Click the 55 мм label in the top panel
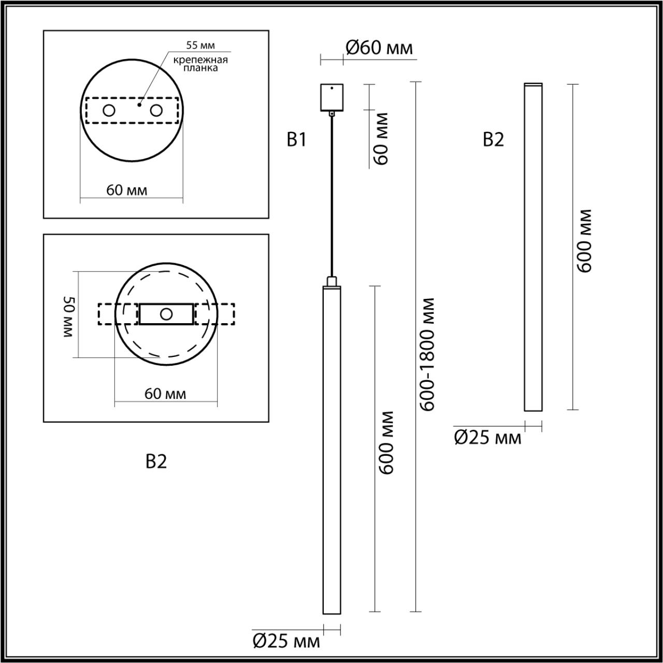click(200, 47)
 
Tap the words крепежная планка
click(200, 64)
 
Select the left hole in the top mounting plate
click(109, 110)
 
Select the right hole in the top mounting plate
click(155, 110)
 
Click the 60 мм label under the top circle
click(127, 191)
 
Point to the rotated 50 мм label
click(69, 317)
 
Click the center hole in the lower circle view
click(166, 314)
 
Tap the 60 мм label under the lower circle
click(165, 394)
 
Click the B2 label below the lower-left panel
click(156, 462)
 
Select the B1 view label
click(297, 140)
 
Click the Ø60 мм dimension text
click(379, 48)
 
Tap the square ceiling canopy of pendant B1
click(331, 97)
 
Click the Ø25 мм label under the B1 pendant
click(286, 642)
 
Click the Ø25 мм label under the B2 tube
click(487, 438)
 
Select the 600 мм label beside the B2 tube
click(584, 241)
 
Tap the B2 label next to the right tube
click(493, 140)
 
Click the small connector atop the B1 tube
click(331, 281)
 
